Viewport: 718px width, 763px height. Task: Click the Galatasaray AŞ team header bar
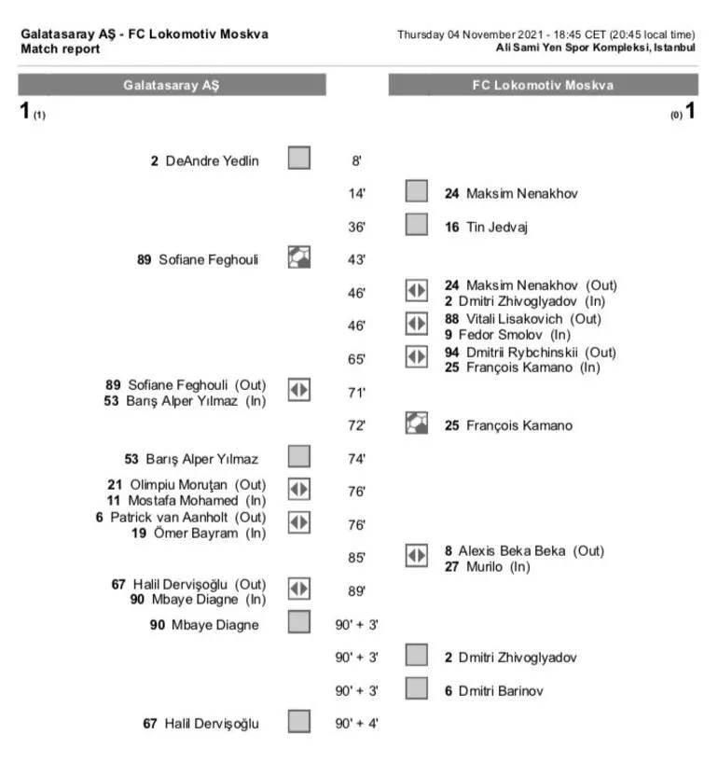coord(172,85)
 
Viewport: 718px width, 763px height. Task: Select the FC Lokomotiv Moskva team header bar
coord(543,85)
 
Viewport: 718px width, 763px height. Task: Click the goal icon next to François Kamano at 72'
coord(416,424)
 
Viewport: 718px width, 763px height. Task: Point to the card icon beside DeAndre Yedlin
coord(299,159)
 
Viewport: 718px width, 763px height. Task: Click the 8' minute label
coord(356,160)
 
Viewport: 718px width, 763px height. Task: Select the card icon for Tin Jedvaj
coord(416,225)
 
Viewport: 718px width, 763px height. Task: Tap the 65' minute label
coord(356,359)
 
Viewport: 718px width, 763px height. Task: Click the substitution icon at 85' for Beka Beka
coord(416,557)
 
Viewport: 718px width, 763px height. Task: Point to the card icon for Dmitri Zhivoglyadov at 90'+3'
coord(416,657)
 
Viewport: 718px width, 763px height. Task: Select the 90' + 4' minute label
coord(356,723)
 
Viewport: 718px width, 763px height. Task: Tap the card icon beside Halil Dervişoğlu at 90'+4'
coord(299,722)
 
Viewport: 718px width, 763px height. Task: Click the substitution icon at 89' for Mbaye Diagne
coord(299,590)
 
